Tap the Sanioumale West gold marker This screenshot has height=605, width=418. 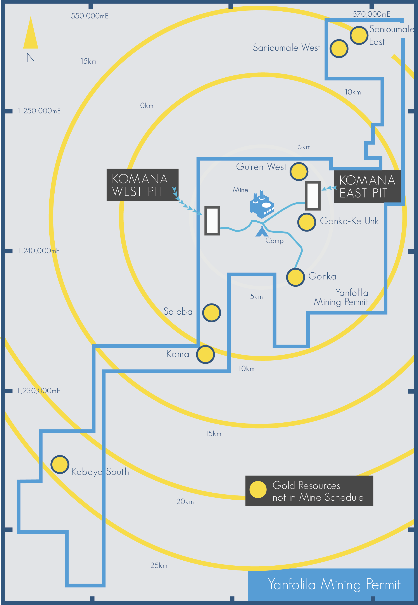point(339,49)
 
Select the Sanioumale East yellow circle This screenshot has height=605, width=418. point(359,35)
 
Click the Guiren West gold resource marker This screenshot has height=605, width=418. point(299,171)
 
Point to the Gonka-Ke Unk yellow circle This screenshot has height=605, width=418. point(306,222)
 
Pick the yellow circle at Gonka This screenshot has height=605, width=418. point(295,277)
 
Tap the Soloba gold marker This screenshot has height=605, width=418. point(212,313)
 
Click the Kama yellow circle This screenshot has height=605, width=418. point(206,354)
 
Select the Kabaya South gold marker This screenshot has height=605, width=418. point(60,464)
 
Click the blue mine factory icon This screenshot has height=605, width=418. point(262,205)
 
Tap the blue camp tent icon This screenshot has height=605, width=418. point(261,232)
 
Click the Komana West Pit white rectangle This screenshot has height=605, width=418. point(212,220)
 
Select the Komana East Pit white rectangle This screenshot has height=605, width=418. point(313,195)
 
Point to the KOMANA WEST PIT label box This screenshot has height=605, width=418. point(142,185)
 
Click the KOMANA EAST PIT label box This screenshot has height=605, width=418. point(367,186)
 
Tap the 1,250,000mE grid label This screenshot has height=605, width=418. point(39,111)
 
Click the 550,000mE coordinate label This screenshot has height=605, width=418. point(90,16)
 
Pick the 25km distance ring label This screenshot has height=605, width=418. point(159,565)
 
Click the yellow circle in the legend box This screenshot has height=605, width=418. point(258,489)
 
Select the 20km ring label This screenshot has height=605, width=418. point(185,501)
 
